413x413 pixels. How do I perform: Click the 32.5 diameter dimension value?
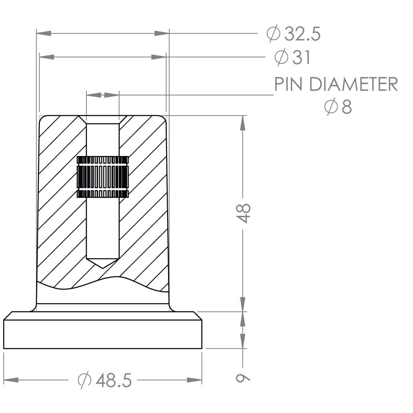[302, 34]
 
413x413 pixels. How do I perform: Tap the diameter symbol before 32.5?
[273, 34]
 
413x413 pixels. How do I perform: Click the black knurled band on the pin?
[102, 177]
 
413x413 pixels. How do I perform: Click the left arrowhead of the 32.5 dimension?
[44, 33]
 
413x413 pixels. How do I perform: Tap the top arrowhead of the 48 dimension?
[243, 122]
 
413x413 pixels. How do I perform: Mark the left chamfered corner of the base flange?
[8, 315]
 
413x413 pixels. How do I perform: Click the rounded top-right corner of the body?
[164, 119]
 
